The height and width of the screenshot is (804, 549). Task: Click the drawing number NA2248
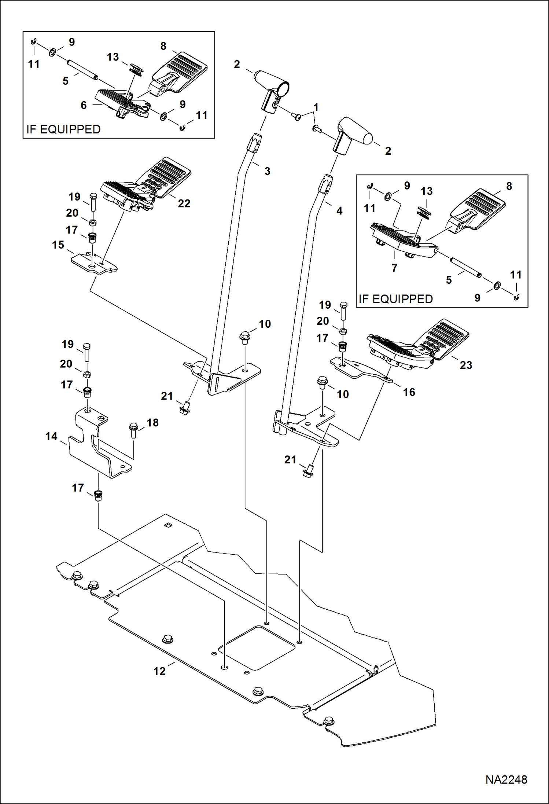[506, 779]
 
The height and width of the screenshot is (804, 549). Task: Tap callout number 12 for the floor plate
[159, 671]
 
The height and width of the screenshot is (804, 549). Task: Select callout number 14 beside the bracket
[51, 436]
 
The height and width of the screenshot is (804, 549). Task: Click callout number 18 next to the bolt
[152, 423]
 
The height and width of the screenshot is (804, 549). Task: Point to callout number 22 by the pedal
[184, 203]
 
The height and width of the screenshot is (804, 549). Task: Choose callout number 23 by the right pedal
[466, 365]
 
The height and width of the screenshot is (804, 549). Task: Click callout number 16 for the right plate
[409, 392]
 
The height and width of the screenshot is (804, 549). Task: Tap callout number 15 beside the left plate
[58, 245]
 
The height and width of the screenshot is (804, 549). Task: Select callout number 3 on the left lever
[267, 171]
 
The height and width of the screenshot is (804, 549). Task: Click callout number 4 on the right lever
[339, 211]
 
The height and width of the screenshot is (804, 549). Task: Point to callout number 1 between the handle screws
[316, 107]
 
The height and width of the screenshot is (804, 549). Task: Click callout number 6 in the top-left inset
[84, 106]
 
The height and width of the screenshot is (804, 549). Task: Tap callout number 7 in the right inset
[394, 268]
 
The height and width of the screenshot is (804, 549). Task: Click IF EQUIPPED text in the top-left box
[63, 129]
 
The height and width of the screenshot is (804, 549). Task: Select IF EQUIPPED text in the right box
[396, 299]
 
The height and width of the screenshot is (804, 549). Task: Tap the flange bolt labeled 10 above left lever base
[244, 337]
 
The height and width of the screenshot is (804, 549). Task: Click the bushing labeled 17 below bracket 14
[98, 496]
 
